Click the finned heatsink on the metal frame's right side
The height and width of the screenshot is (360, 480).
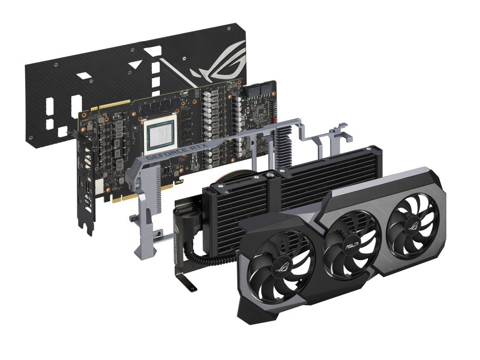click(x=284, y=146)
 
